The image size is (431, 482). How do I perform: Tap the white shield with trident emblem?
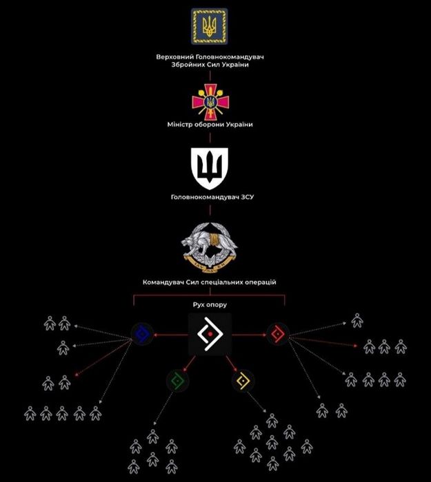click(x=208, y=169)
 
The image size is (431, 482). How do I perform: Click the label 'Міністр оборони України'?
click(x=210, y=124)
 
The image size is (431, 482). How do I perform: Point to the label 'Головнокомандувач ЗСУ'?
click(x=210, y=197)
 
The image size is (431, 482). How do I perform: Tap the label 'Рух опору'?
click(x=209, y=304)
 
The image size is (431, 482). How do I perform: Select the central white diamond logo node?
click(x=210, y=335)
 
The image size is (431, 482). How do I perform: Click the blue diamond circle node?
click(x=142, y=335)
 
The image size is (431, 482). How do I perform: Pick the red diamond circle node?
click(x=278, y=335)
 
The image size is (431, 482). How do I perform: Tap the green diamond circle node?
click(x=177, y=379)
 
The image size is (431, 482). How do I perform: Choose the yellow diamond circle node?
click(x=243, y=379)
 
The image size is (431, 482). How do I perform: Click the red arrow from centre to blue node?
click(x=171, y=335)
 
